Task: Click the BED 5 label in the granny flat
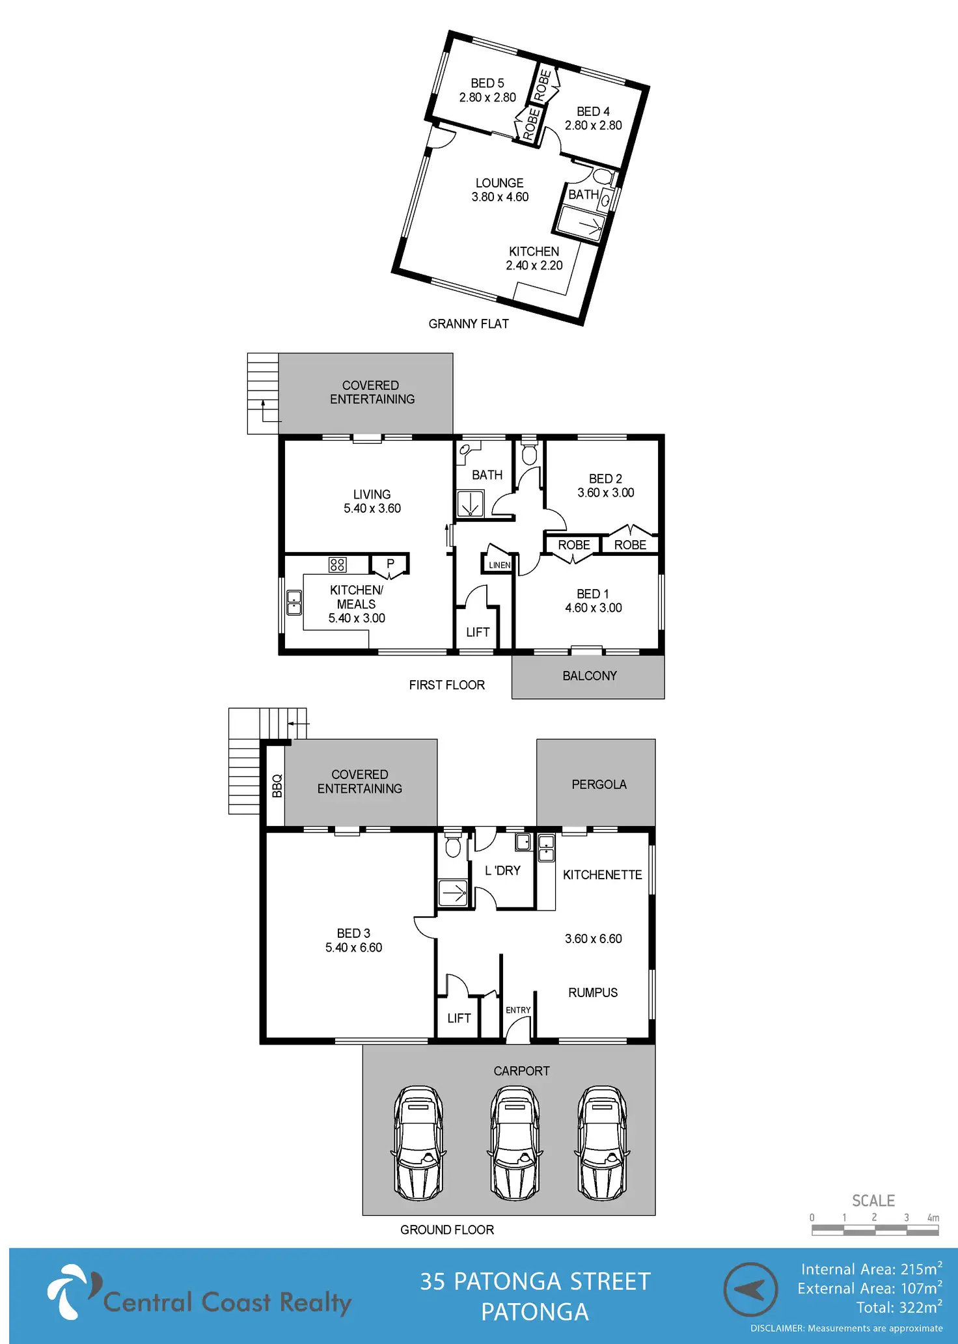(x=487, y=83)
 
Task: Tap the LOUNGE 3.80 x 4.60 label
(x=500, y=190)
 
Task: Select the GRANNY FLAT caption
(x=469, y=324)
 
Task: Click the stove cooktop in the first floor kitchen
(x=337, y=564)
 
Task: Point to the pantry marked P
(x=390, y=564)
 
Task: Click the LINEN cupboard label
(x=499, y=565)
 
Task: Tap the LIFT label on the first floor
(x=478, y=632)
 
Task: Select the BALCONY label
(x=590, y=676)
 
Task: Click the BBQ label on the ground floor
(x=277, y=786)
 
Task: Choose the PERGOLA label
(x=599, y=785)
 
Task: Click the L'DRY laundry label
(x=502, y=871)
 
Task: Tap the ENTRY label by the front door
(x=518, y=1010)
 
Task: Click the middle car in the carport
(x=515, y=1143)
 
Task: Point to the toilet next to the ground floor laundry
(x=453, y=847)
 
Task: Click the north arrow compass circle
(x=750, y=1289)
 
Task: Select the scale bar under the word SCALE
(x=875, y=1230)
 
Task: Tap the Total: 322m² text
(x=899, y=1308)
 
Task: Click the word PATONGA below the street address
(x=534, y=1312)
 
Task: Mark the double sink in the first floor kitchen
(x=294, y=603)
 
